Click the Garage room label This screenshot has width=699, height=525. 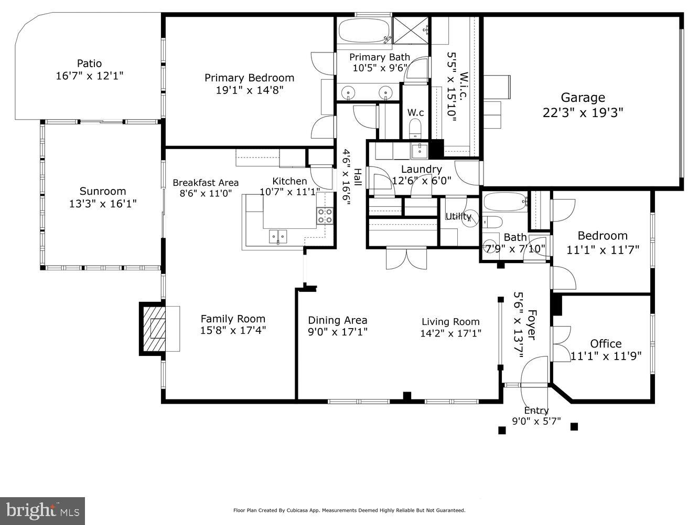(583, 98)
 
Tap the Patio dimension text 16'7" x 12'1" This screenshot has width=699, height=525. (89, 76)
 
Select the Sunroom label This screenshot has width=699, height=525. (103, 191)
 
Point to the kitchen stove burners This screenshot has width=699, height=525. (325, 216)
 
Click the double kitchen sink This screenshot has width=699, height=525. (278, 237)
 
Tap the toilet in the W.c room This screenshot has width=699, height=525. (415, 128)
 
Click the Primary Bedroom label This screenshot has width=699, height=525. (249, 78)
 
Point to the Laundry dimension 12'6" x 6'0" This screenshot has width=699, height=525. (421, 181)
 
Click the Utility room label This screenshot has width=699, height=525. (458, 216)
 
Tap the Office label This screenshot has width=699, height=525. (606, 344)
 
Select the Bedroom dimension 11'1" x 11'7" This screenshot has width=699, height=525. (603, 250)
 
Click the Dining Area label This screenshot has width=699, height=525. (337, 320)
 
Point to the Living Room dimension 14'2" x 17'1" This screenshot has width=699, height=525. (450, 333)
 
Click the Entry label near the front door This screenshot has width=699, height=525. (536, 411)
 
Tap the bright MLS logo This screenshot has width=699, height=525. (42, 510)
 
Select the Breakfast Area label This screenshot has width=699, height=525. (206, 183)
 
